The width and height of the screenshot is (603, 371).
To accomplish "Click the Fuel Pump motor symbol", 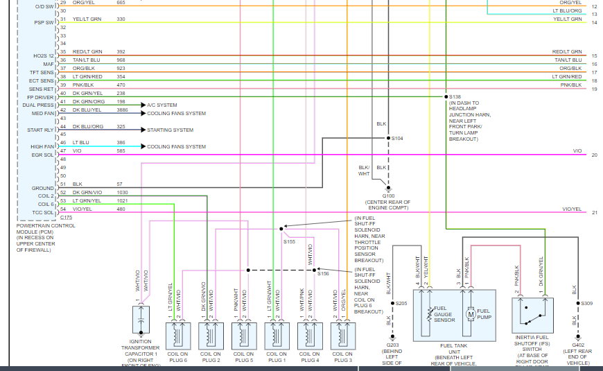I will [469, 314].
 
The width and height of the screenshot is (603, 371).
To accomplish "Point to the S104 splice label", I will [397, 139].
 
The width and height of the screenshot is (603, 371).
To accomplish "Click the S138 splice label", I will [455, 96].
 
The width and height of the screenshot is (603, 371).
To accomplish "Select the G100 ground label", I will [387, 196].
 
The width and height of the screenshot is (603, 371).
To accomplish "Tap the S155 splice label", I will [289, 241].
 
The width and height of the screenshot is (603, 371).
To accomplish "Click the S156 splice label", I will [323, 274].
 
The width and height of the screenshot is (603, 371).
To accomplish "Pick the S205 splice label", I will [401, 303].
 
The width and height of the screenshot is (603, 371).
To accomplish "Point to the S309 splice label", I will [586, 303].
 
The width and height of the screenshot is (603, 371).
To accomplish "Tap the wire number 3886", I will [122, 110].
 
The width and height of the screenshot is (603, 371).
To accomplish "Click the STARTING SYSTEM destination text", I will [171, 130].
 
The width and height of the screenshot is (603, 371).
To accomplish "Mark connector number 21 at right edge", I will [594, 212].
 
